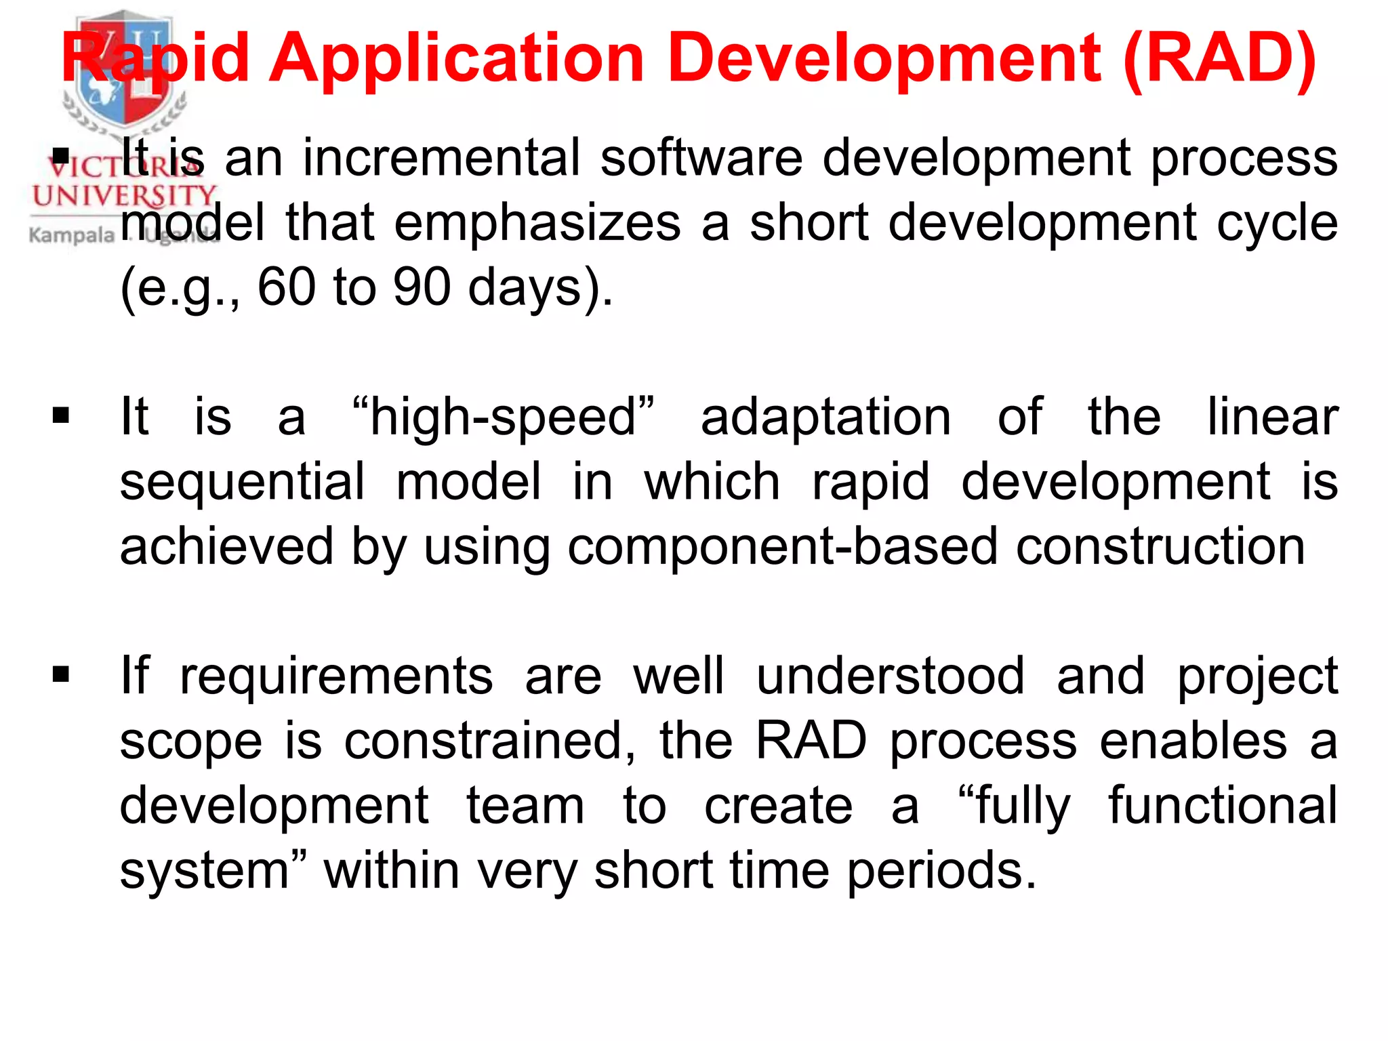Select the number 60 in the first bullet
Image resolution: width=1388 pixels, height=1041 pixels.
(x=286, y=287)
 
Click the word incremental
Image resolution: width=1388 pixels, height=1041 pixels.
(x=441, y=158)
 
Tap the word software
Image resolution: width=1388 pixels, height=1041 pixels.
(x=701, y=158)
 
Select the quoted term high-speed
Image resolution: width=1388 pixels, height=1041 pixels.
(x=504, y=417)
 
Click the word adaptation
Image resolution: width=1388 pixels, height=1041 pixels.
(x=825, y=417)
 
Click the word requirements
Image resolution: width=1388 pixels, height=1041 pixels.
(x=336, y=676)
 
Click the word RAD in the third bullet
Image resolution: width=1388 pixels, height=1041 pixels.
(x=811, y=741)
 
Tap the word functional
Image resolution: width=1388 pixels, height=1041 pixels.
(x=1223, y=805)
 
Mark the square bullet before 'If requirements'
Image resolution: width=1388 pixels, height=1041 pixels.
(x=61, y=674)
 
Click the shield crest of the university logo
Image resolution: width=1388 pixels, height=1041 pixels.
(x=124, y=68)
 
